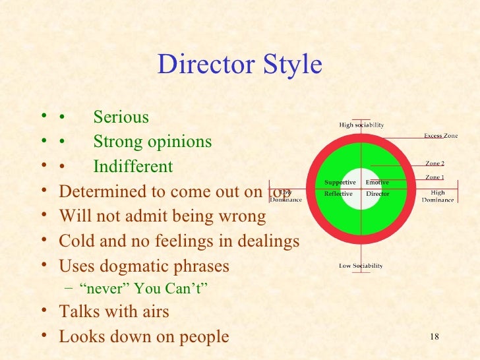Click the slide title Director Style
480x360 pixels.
point(240,65)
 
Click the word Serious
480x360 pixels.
point(121,117)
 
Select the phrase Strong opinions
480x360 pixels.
point(152,142)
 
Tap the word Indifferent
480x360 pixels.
point(133,167)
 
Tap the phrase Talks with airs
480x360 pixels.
point(114,311)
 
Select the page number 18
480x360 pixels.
point(434,337)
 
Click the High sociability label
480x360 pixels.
point(361,125)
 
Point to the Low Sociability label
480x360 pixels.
point(361,266)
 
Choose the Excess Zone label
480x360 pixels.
point(440,136)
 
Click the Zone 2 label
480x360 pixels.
point(435,163)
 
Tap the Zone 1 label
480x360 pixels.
point(435,177)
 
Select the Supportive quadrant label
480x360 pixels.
point(340,183)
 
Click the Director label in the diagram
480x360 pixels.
point(378,194)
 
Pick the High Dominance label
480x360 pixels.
point(438,196)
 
